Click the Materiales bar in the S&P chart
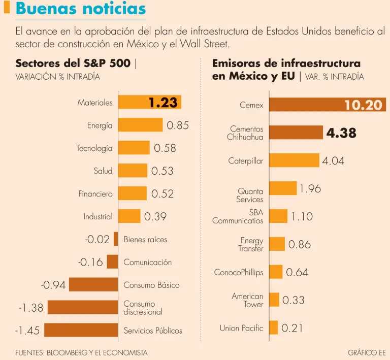[149, 102]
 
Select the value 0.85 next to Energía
[178, 125]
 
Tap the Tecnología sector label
[94, 148]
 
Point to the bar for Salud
[133, 171]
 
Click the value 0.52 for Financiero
[162, 193]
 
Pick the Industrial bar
[129, 216]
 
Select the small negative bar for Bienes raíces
[116, 239]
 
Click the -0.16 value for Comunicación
[90, 263]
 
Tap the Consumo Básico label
[151, 285]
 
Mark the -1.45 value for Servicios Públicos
[27, 331]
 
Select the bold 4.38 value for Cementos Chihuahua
[341, 134]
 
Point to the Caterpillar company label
[246, 161]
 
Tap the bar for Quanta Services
[282, 188]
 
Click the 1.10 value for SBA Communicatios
[302, 217]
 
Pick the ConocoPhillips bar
[275, 272]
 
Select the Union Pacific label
[241, 328]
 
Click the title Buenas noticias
[80, 9]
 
